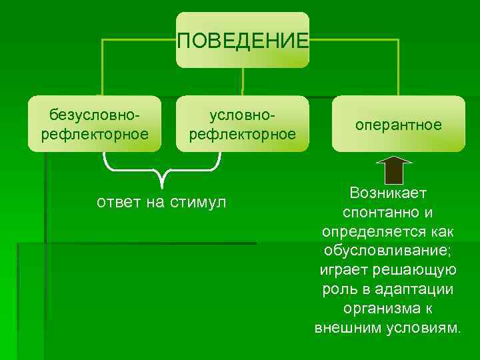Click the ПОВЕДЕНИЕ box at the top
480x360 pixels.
pos(243,40)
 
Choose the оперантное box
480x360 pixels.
pos(399,125)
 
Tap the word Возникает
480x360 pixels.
pos(387,193)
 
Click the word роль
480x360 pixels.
pos(338,289)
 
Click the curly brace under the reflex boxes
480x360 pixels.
pos(162,168)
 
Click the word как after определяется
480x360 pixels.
pos(440,232)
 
